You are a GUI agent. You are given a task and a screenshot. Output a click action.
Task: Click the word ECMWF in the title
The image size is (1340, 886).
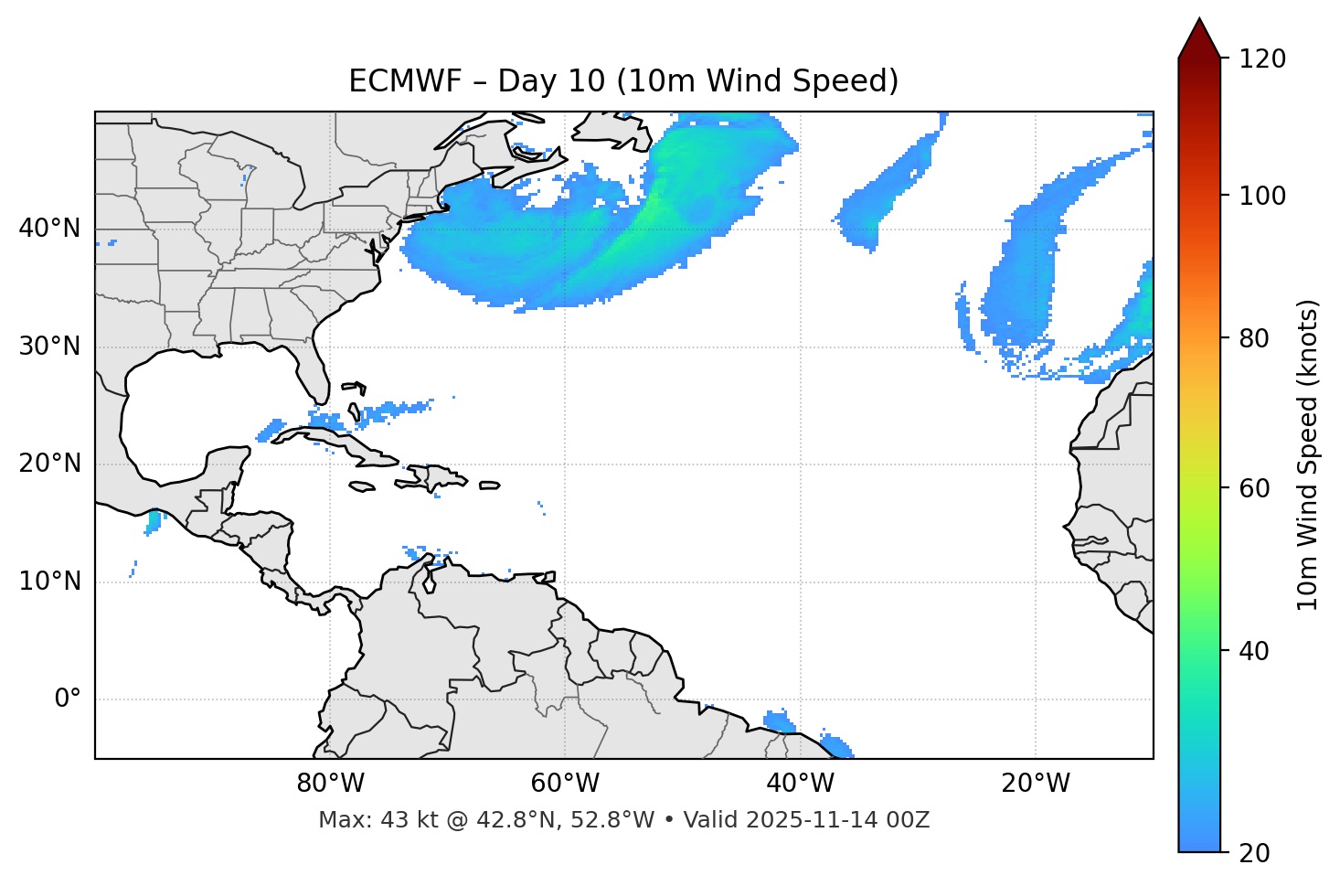tap(391, 81)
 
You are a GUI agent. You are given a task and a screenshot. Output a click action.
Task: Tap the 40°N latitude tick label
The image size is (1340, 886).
tap(49, 229)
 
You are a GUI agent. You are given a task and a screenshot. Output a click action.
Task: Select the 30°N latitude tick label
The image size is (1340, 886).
tap(49, 347)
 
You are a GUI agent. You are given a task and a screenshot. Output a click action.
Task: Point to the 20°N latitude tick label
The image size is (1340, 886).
tap(49, 464)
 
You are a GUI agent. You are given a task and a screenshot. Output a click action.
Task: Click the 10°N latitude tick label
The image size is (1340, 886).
tap(49, 582)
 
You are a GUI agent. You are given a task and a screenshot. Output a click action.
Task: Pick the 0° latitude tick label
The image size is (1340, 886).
tap(67, 699)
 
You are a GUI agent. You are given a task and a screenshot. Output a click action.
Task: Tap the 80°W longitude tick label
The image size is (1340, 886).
tap(330, 784)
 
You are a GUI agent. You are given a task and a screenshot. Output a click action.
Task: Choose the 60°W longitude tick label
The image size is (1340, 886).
tap(565, 784)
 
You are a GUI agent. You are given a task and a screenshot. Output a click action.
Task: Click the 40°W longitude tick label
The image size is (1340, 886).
tap(800, 784)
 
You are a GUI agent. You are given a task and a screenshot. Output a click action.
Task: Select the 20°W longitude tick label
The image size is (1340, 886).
tap(1035, 784)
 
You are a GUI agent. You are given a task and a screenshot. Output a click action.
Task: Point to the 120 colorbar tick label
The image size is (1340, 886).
tap(1261, 59)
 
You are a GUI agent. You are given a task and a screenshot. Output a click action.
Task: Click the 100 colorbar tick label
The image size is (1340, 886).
tap(1261, 196)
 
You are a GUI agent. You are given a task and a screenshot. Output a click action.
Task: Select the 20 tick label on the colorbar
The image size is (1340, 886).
tap(1255, 853)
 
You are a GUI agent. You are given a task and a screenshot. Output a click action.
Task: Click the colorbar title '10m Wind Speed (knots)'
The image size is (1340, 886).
tap(1308, 454)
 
